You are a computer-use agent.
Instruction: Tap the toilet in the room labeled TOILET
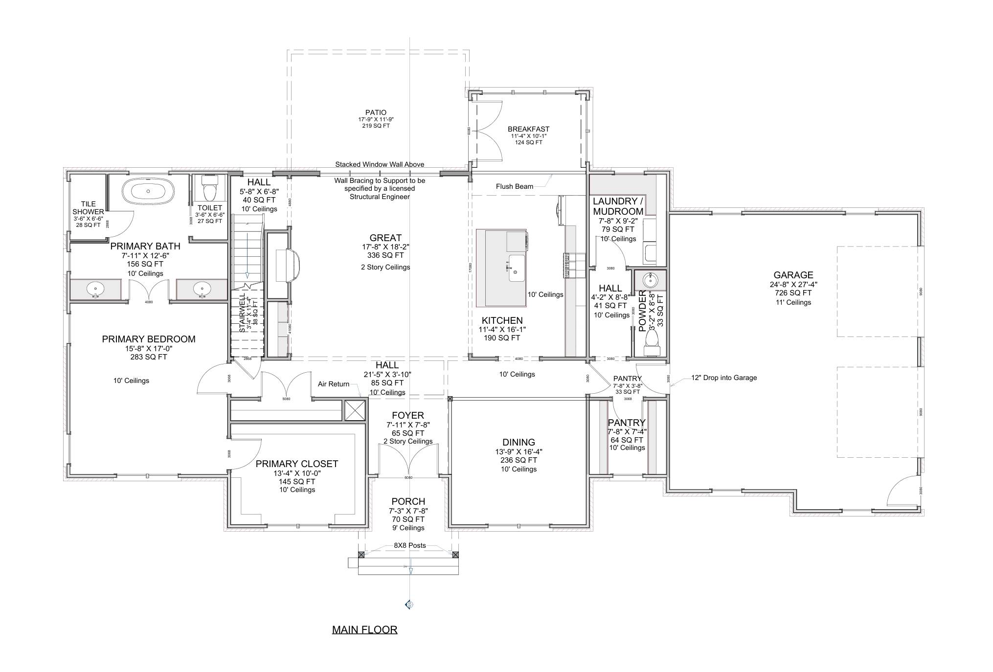coord(209,189)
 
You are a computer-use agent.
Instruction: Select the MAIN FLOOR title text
coord(364,629)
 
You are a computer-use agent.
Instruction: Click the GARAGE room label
coord(793,275)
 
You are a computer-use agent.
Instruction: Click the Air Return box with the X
coord(355,410)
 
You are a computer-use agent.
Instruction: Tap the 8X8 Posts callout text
coord(409,545)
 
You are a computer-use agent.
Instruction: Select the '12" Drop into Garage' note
coord(723,378)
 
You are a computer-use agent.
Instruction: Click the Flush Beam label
coord(514,186)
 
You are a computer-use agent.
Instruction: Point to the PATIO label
coord(376,112)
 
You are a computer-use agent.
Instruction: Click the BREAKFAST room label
coord(528,129)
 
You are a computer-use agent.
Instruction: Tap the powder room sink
coord(651,281)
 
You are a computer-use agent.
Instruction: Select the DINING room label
coord(519,442)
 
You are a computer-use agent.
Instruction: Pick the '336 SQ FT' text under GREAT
coord(385,255)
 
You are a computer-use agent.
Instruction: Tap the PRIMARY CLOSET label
coord(297,464)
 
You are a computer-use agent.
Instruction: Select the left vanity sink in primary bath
coord(95,289)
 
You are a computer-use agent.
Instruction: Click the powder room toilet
coord(652,342)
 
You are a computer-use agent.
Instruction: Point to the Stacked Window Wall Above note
coord(380,164)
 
